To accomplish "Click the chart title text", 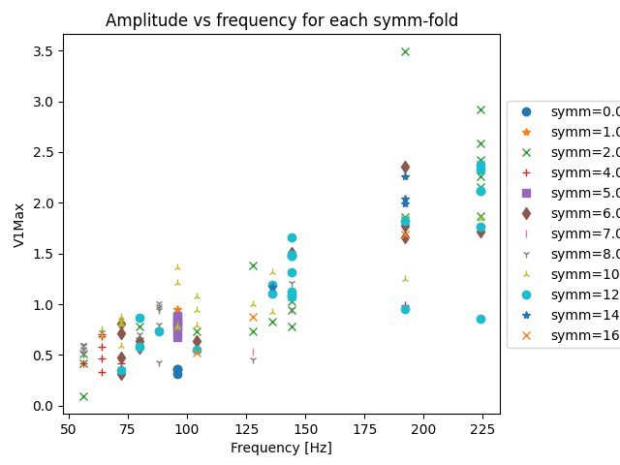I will click(x=282, y=20).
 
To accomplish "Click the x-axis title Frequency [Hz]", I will click(x=282, y=448).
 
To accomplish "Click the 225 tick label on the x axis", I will click(x=482, y=428).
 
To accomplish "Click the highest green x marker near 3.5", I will click(x=405, y=51).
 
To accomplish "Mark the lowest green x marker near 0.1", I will click(x=83, y=396).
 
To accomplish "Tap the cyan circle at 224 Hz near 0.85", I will click(x=480, y=319).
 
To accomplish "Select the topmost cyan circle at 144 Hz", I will click(x=292, y=237).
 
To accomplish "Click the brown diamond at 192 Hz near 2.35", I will click(x=405, y=168).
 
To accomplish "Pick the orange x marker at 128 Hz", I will click(x=253, y=317).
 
